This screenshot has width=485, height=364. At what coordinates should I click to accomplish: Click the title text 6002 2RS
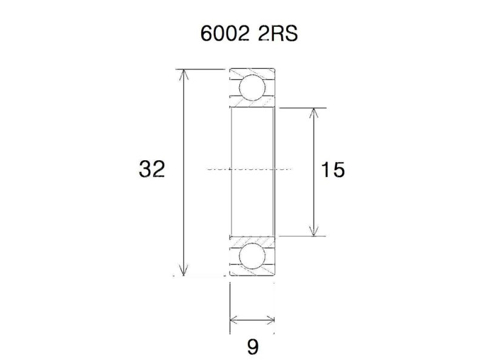[x=249, y=33]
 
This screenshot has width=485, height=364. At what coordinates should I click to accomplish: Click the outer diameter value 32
[x=152, y=169]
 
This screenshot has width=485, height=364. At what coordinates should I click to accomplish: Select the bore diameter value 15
[x=333, y=170]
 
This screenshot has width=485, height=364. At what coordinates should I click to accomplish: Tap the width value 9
[x=253, y=347]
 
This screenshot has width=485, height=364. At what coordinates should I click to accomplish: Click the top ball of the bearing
[x=252, y=89]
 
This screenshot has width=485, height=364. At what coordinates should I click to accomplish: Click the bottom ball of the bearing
[x=252, y=256]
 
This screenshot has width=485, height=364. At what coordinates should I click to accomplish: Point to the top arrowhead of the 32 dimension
[x=184, y=74]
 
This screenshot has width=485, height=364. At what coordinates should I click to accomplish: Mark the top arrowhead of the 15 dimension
[x=313, y=112]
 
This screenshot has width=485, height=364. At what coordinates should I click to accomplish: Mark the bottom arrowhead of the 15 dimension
[x=313, y=232]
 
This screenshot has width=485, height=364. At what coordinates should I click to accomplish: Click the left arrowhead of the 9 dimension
[x=234, y=320]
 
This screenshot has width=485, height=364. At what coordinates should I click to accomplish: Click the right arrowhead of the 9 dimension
[x=272, y=320]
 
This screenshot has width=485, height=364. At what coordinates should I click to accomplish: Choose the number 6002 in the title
[x=223, y=33]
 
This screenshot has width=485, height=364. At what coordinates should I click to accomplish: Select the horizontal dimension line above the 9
[x=253, y=320]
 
